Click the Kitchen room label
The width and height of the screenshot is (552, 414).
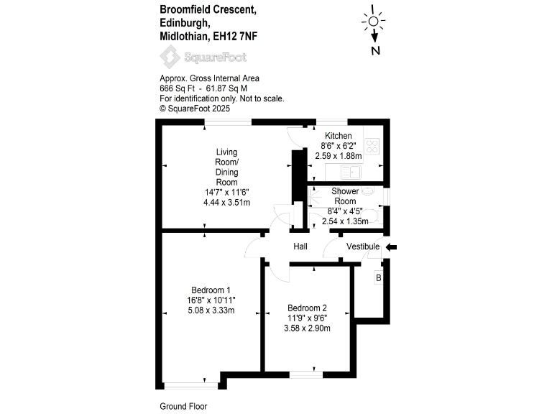[x=338, y=136]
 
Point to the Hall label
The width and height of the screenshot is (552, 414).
[x=300, y=247]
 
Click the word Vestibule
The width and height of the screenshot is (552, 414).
[x=363, y=247]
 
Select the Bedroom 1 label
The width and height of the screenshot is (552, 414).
[x=210, y=290]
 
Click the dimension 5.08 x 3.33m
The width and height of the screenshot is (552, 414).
[x=210, y=310]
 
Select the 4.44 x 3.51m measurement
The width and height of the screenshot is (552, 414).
[x=226, y=203]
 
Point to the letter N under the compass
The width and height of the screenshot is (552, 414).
[x=375, y=50]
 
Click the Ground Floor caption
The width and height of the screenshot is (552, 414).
[x=183, y=406]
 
